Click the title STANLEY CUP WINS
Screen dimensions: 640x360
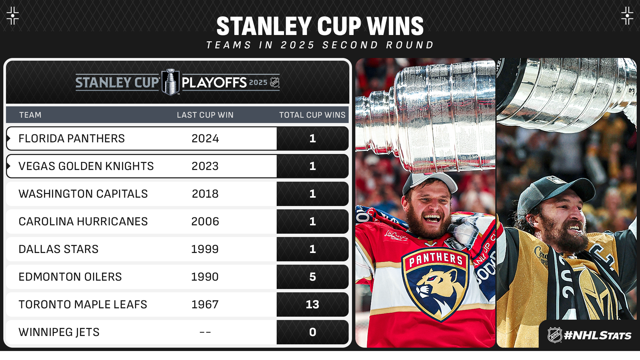tap(320, 26)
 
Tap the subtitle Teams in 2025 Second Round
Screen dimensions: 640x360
tap(320, 45)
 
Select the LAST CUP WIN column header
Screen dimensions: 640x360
tap(205, 115)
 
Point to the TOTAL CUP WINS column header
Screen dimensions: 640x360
tap(312, 115)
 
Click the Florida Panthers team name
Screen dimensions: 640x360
tap(72, 138)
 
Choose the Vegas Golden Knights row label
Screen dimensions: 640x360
tap(86, 166)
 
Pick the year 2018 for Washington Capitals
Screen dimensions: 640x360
tap(205, 194)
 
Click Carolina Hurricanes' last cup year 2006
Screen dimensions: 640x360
tap(205, 221)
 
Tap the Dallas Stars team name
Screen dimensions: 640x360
tap(59, 249)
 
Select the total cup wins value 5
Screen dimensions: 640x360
tap(312, 277)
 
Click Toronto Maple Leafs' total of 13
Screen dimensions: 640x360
tap(312, 304)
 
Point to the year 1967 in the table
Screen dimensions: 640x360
tap(205, 304)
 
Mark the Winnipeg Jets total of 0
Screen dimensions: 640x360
tap(312, 332)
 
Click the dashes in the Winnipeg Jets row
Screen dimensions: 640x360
tap(205, 332)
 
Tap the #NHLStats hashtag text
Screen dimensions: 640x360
tap(598, 335)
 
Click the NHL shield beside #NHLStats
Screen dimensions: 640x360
tap(555, 335)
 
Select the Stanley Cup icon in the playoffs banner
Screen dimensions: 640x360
tap(171, 82)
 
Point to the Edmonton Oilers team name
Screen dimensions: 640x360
tap(70, 277)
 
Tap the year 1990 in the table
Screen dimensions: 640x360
tap(205, 277)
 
